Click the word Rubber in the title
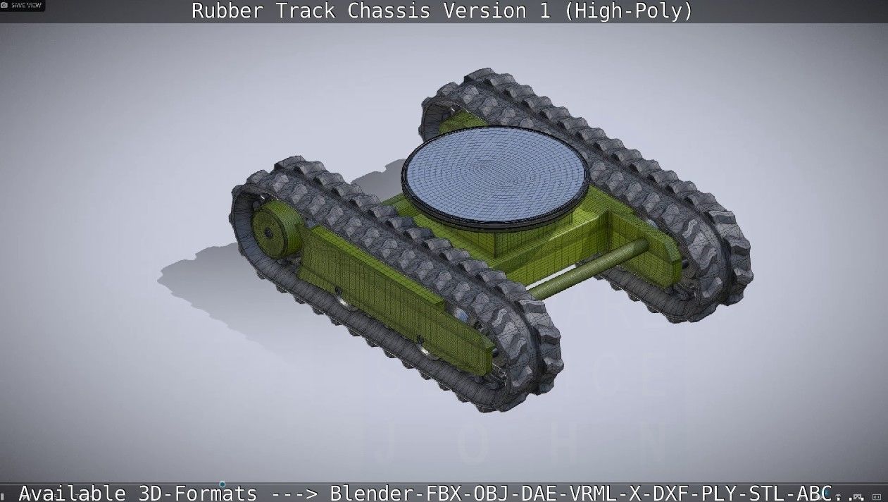pyautogui.click(x=225, y=11)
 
